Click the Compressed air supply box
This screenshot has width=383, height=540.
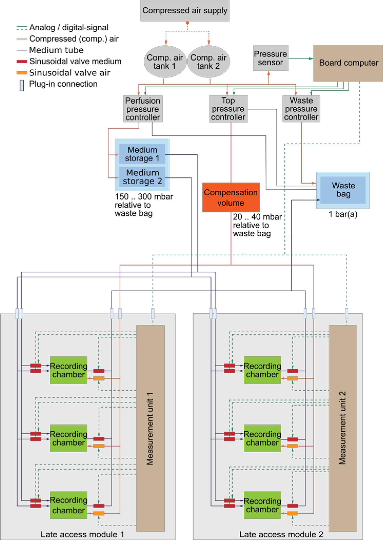(x=185, y=11)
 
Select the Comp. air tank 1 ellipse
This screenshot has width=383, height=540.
(x=165, y=62)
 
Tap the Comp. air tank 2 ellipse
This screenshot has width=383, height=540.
(x=208, y=62)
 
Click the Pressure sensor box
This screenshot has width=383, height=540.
(x=271, y=58)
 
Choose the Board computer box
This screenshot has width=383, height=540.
(x=348, y=63)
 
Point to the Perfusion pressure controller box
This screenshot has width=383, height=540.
(x=143, y=109)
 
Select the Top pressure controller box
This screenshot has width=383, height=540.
(x=228, y=109)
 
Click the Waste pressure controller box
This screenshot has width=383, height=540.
(x=301, y=109)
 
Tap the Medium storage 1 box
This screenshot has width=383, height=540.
(x=142, y=154)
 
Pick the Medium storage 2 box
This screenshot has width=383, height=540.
(x=142, y=177)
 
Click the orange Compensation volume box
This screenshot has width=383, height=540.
(x=231, y=197)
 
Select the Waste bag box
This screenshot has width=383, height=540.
(x=343, y=190)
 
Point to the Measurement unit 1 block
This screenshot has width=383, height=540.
(x=150, y=428)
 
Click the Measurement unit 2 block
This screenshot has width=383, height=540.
(x=343, y=428)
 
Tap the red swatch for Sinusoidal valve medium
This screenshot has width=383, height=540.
(x=22, y=62)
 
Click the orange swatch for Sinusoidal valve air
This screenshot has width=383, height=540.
(x=22, y=73)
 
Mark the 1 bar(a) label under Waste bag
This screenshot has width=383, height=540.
(x=343, y=214)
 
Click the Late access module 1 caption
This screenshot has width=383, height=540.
(x=82, y=534)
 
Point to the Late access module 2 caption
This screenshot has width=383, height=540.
(x=281, y=534)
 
